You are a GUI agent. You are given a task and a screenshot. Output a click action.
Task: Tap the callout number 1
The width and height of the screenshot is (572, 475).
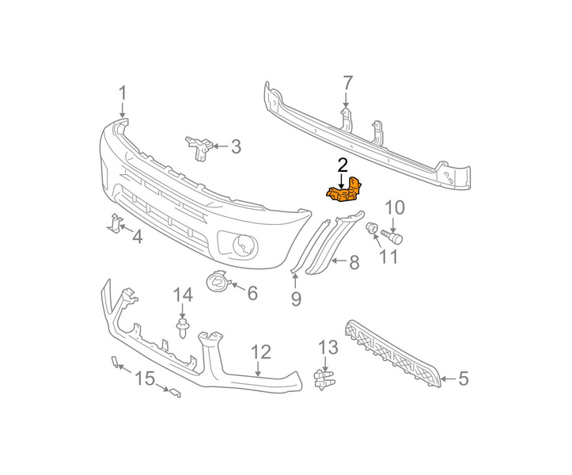[x=123, y=93]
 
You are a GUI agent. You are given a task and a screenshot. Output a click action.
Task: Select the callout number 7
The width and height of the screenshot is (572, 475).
[x=347, y=83]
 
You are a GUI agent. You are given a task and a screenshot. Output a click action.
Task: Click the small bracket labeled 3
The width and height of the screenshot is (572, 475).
[x=199, y=147]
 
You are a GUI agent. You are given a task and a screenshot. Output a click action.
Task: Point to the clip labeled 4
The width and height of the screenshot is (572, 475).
[x=114, y=223]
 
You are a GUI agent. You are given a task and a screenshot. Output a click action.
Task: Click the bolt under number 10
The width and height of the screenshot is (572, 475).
[x=392, y=236]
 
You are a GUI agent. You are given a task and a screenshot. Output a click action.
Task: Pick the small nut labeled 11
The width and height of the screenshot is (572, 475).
[x=372, y=229]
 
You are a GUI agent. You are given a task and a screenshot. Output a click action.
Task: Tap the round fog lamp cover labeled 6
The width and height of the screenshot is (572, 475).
[x=218, y=281]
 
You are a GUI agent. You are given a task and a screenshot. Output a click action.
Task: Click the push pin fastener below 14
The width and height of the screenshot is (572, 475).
[x=182, y=329]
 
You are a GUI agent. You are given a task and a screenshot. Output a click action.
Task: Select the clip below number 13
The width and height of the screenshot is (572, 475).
[x=324, y=380]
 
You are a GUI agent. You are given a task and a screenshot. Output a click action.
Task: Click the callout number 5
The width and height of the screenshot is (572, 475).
[x=463, y=378]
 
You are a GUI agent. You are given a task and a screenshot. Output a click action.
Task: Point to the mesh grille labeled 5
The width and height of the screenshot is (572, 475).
[x=392, y=353]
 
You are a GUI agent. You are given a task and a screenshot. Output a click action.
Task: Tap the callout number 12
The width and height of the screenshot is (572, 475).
[x=261, y=352]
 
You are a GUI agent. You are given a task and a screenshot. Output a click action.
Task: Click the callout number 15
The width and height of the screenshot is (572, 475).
[x=145, y=378]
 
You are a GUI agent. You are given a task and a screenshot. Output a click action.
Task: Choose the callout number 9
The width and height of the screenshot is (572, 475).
[x=296, y=299]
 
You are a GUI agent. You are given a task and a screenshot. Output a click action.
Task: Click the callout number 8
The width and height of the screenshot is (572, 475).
[x=354, y=262]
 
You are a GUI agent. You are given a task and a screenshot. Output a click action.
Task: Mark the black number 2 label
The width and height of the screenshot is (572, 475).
[x=343, y=165]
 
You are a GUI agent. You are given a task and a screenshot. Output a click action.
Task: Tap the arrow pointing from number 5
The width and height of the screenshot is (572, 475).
[x=449, y=378]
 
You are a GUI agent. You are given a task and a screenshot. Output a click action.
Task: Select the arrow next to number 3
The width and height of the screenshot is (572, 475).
[x=220, y=146]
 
